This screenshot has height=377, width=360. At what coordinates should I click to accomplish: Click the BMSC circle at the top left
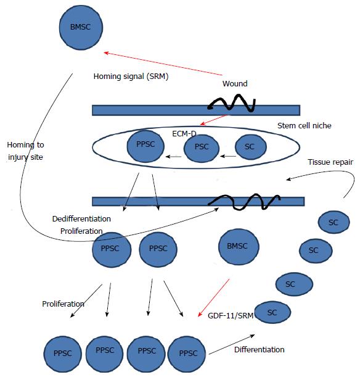point(81,28)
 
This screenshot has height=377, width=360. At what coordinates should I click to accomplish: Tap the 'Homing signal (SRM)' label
point(131,77)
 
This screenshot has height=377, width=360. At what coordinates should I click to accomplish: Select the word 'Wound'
point(235,84)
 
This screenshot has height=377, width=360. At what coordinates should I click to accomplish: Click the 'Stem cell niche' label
point(305,125)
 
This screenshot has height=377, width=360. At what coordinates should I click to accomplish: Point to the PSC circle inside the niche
point(202,148)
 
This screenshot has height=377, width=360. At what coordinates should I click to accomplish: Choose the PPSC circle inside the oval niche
point(145,146)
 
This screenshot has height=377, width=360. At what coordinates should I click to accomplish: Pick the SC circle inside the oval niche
point(251,147)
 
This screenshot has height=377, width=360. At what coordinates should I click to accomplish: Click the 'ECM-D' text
point(184,134)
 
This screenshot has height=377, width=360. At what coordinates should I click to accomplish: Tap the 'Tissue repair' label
point(330,162)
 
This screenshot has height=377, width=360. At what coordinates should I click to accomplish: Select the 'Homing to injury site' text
point(25,151)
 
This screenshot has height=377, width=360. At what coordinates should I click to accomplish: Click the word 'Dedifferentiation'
point(81,219)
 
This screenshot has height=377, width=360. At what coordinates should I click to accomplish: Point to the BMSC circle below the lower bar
point(239,247)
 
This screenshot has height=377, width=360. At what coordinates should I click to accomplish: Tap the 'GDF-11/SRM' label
point(231,315)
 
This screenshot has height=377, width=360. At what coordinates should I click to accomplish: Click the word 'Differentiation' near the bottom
point(260,350)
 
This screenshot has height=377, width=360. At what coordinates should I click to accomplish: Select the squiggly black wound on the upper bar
point(232,103)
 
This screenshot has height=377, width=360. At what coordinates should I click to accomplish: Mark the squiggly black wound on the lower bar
point(244,202)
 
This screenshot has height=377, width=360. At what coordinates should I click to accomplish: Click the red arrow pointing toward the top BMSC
point(163,64)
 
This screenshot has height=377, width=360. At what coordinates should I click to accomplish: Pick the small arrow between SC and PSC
point(228,156)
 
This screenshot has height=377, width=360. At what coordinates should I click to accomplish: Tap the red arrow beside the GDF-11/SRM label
point(213,298)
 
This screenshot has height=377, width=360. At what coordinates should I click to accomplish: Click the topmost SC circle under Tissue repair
point(334,222)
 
